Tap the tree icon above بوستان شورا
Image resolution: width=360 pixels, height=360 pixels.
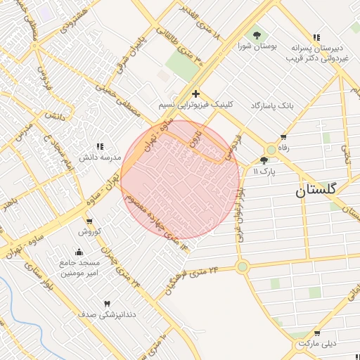click(257, 34)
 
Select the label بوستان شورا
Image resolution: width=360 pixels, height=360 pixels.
click(257, 46)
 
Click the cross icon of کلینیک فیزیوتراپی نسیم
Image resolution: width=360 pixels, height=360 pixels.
click(195, 93)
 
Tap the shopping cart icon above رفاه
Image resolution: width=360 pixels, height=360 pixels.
click(283, 137)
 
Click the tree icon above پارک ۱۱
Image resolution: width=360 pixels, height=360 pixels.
click(264, 160)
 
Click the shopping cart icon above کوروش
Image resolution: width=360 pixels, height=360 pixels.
click(90, 220)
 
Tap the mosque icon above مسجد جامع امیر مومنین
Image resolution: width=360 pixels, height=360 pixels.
click(79, 252)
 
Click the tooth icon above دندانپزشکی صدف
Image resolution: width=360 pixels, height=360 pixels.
click(107, 303)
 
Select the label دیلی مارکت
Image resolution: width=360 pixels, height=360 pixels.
click(317, 345)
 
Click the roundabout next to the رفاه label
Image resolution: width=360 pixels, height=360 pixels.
click(271, 149)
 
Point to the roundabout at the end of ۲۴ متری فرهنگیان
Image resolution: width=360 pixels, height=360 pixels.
click(243, 266)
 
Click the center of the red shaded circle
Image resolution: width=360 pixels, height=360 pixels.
click(181, 179)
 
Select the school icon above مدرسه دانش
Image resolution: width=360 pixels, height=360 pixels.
click(99, 146)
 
